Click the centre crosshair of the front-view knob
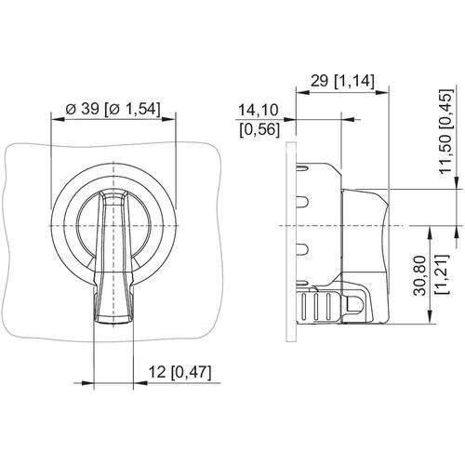pos(113,226)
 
